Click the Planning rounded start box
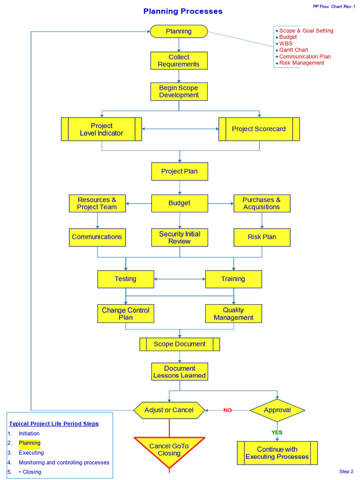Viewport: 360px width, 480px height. click(x=179, y=31)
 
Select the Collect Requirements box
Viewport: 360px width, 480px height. click(x=179, y=61)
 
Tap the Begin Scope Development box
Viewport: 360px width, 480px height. click(x=179, y=91)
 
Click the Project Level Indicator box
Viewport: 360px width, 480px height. click(x=101, y=129)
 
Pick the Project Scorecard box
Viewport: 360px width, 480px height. click(x=259, y=129)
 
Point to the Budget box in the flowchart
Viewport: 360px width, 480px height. click(x=180, y=203)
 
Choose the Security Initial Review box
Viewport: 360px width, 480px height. click(x=180, y=238)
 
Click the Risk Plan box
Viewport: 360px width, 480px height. click(x=262, y=237)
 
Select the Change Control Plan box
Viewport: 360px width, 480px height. click(x=126, y=314)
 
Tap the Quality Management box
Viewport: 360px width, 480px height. click(x=233, y=314)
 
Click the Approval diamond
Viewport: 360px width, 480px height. click(x=277, y=410)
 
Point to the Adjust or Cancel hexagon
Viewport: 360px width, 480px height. click(x=169, y=410)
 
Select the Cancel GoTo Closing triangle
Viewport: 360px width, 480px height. click(x=169, y=450)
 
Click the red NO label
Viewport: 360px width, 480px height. click(x=227, y=411)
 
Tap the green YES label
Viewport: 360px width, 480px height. click(x=277, y=433)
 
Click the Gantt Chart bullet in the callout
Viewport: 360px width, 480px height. click(x=293, y=50)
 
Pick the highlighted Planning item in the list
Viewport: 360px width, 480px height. click(x=30, y=443)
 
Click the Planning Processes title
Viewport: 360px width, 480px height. click(x=183, y=11)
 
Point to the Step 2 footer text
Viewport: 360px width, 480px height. click(x=346, y=472)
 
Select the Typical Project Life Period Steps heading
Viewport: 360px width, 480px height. click(x=54, y=423)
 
